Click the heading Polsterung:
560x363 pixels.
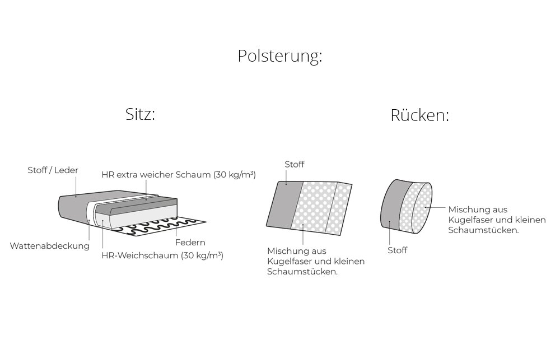[x=279, y=56]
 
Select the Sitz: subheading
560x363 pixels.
[x=140, y=114]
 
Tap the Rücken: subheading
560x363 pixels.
[x=419, y=115]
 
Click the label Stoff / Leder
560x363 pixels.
[x=53, y=170]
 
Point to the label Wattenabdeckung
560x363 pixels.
[x=50, y=246]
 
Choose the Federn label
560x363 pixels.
[x=190, y=243]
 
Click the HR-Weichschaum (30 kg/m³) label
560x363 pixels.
[x=162, y=255]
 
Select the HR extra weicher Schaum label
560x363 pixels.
[x=156, y=175]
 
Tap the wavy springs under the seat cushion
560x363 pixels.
[x=161, y=227]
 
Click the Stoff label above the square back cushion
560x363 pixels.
[x=295, y=164]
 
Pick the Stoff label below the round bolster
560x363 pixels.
[x=397, y=250]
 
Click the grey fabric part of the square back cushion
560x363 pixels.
[x=285, y=204]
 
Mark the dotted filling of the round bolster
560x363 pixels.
[x=416, y=208]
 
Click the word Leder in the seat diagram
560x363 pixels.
[x=67, y=170]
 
